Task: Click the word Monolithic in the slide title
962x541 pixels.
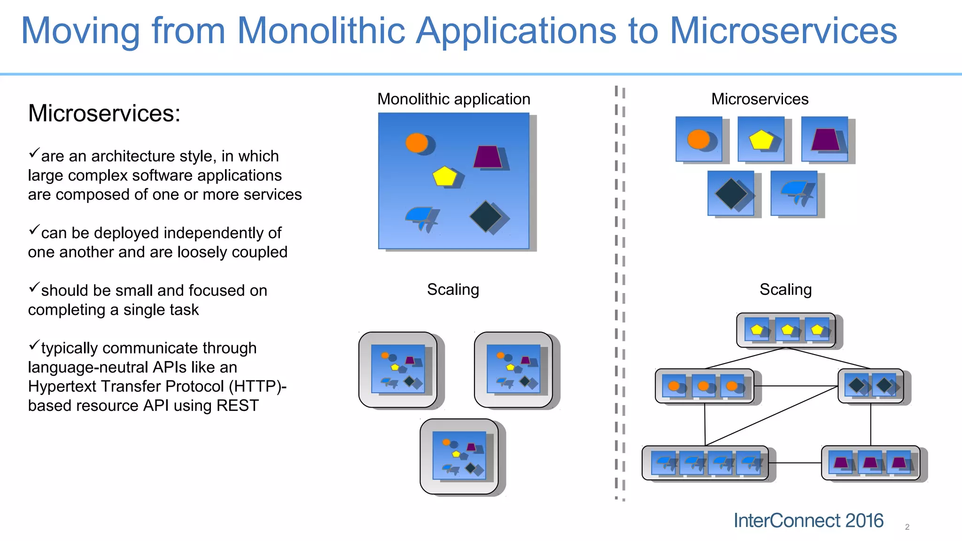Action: pos(321,31)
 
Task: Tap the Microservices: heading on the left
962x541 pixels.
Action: pos(104,114)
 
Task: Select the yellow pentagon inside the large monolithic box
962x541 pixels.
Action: pos(444,177)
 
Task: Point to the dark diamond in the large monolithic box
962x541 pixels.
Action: pos(486,216)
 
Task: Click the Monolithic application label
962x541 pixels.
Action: pos(454,99)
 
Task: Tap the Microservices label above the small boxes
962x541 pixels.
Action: pos(760,99)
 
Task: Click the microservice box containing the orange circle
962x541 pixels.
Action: pos(699,139)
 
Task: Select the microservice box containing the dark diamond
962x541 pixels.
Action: pos(731,193)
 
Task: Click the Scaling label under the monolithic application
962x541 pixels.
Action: pos(453,290)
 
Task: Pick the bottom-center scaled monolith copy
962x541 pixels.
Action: pos(459,456)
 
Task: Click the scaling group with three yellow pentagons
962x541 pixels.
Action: pos(786,330)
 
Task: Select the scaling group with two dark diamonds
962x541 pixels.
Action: pos(871,386)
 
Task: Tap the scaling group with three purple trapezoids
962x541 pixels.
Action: pos(870,463)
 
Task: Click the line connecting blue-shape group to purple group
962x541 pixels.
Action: pos(795,463)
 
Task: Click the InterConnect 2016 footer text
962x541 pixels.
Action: pos(808,521)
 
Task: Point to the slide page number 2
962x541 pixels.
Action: pos(907,527)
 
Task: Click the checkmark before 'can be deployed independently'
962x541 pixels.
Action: pos(34,230)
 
